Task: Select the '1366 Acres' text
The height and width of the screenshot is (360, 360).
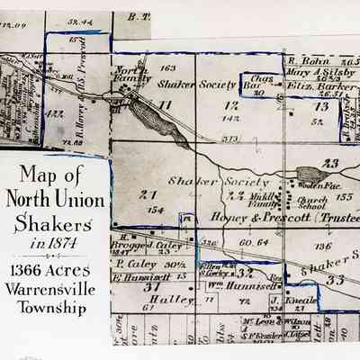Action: [56, 271]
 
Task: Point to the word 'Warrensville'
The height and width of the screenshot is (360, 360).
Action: [56, 291]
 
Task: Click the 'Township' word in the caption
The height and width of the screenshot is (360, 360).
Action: [56, 310]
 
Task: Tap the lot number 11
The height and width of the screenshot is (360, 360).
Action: [164, 105]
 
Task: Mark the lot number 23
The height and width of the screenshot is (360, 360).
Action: [330, 163]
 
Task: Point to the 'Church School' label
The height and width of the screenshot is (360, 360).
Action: [312, 203]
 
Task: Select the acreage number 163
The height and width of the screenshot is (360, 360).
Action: [166, 68]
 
